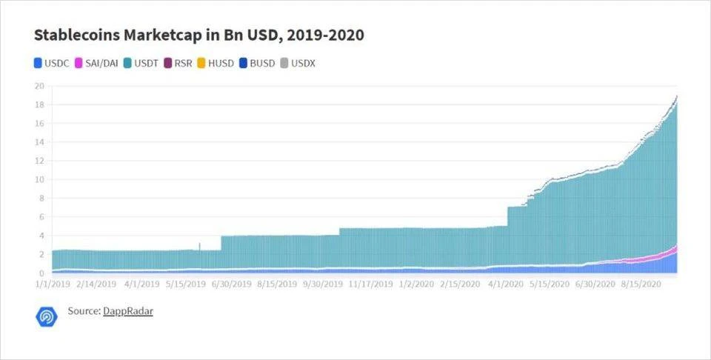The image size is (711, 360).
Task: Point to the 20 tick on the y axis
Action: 40,85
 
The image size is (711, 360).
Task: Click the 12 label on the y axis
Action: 40,161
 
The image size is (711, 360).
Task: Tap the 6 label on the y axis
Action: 42,217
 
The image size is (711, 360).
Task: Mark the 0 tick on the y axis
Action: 42,273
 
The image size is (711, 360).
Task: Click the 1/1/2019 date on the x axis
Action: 51,284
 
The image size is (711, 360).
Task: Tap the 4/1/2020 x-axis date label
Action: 507,284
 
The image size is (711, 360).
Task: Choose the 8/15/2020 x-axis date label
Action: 641,284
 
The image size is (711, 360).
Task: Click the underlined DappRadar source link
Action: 127,312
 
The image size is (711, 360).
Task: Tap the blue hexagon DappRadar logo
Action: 47,316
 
